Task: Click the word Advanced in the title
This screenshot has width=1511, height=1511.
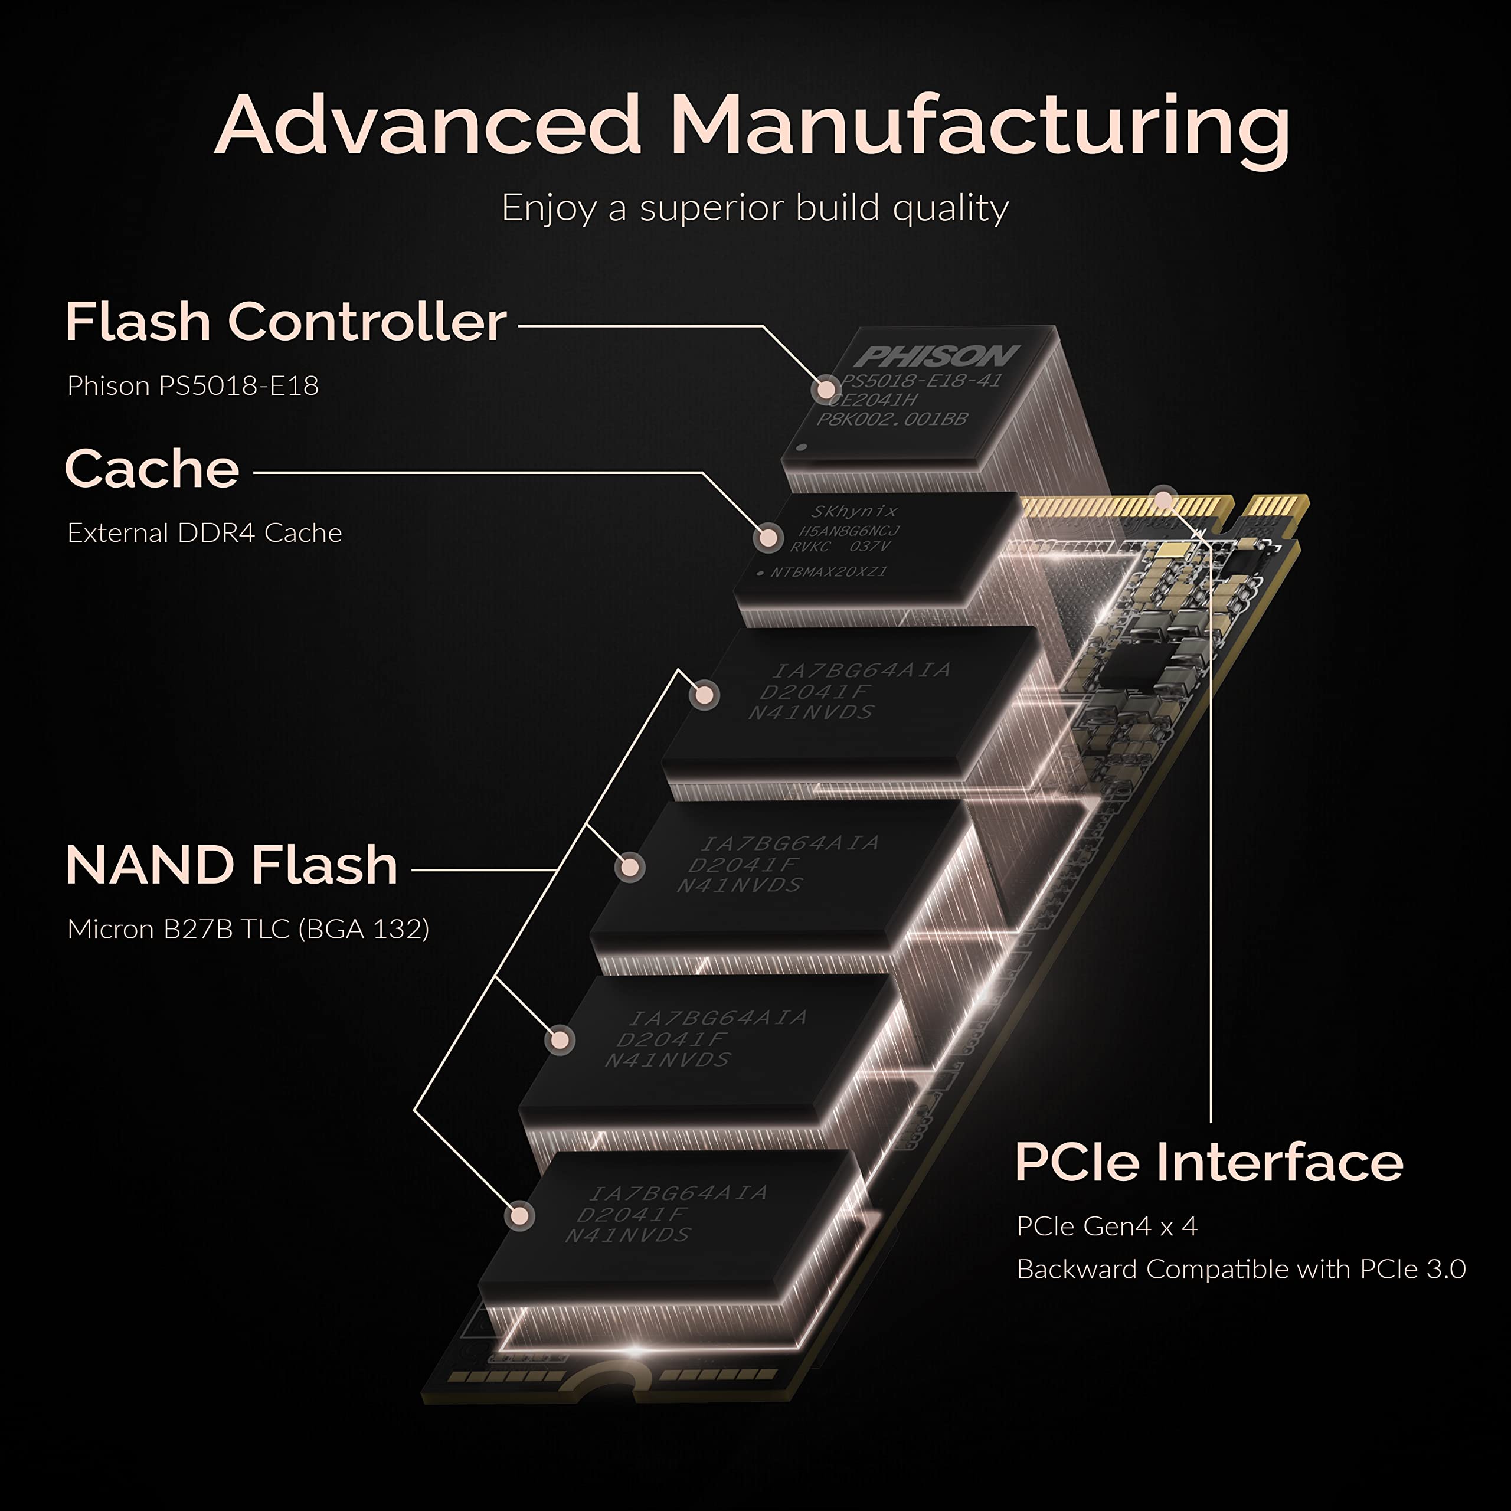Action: [428, 125]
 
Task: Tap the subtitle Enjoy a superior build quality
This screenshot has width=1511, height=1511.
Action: [755, 208]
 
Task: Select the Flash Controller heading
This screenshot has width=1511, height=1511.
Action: [286, 322]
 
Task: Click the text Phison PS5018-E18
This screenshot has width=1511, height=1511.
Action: [192, 385]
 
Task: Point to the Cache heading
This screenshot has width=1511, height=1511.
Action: [152, 469]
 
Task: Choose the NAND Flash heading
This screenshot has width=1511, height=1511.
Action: [231, 865]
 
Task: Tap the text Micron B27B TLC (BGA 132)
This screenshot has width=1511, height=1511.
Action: [248, 929]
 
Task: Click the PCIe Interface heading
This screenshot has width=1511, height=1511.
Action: [1208, 1162]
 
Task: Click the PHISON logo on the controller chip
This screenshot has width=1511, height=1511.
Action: [936, 357]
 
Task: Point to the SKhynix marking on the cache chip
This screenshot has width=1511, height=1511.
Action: [853, 512]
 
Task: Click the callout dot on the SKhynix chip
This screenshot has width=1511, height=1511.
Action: [768, 537]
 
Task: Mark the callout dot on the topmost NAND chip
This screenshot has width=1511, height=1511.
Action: [705, 695]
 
